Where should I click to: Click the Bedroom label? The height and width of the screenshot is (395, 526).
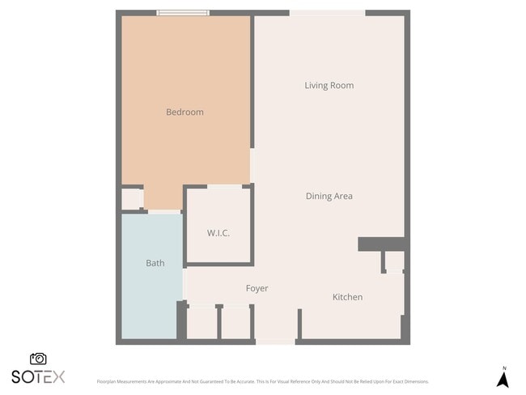pos(185,113)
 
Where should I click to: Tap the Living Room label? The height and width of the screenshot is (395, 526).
pos(329,86)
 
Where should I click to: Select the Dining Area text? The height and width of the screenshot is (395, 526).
pos(329,196)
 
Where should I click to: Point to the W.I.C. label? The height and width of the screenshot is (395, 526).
pos(218,233)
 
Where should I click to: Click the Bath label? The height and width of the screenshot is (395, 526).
pos(155,263)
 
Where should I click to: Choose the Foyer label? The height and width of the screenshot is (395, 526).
pos(257,289)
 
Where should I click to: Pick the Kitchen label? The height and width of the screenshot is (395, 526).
pos(347,298)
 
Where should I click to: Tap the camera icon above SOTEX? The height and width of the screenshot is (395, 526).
pos(38,359)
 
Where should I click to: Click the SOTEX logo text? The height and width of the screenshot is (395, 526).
pos(38,376)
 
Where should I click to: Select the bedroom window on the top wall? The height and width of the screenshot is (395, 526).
pos(183,12)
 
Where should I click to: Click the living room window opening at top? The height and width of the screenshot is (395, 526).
pos(327,12)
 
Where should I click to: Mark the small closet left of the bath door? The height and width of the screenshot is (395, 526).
pos(132,199)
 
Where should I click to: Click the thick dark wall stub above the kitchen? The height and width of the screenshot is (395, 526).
pos(381,244)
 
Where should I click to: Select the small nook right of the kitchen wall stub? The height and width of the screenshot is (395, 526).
pos(393,261)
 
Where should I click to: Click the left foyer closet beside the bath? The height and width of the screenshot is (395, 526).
pos(201,322)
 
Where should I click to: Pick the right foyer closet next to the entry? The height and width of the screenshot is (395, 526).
pos(235,322)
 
